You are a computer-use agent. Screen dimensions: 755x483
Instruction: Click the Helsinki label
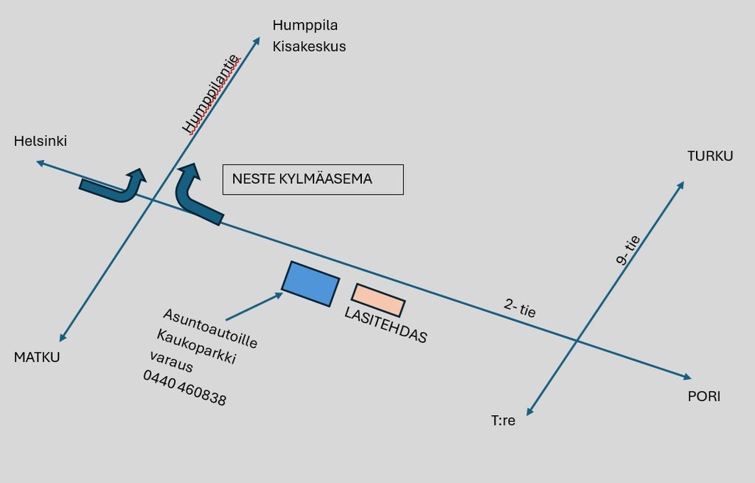[41, 141]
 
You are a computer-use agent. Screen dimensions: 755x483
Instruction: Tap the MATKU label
[37, 358]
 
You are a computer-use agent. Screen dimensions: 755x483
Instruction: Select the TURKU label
[710, 156]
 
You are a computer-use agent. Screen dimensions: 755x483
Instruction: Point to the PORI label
[704, 396]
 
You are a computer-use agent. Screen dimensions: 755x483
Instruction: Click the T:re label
[503, 420]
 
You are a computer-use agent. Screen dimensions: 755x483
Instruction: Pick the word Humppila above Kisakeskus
[305, 25]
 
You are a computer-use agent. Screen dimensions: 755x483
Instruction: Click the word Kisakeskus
[309, 46]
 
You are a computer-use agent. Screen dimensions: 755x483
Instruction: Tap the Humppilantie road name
[211, 94]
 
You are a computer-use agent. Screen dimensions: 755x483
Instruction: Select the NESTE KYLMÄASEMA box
[313, 180]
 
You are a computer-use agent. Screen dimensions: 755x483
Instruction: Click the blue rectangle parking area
[310, 284]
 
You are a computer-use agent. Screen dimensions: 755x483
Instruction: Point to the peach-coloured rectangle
[378, 300]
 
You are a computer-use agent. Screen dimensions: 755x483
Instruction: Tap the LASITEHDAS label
[386, 325]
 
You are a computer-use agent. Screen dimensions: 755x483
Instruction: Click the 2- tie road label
[520, 307]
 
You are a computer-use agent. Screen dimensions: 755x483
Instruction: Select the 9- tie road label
[628, 250]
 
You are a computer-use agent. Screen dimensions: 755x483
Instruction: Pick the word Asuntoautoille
[210, 328]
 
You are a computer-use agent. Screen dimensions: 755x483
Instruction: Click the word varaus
[171, 361]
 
